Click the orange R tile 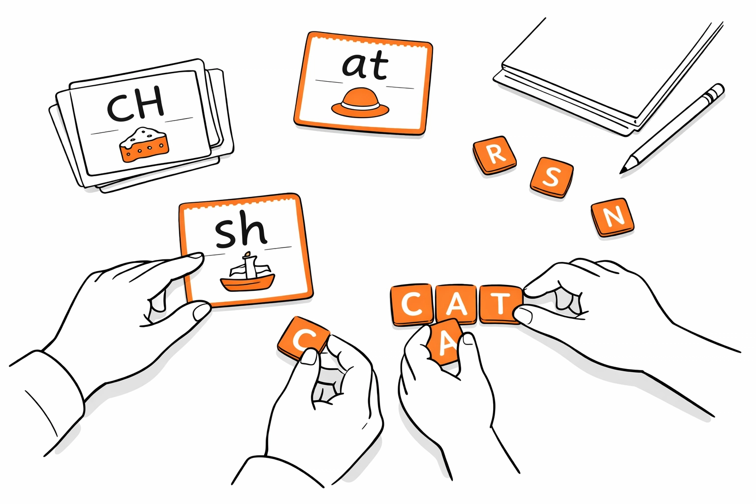coord(495,155)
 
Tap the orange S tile coord(552,177)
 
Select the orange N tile coord(613,217)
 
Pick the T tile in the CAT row coord(501,304)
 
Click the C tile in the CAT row coord(412,305)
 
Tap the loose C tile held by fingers coord(303,338)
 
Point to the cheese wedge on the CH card coord(144,145)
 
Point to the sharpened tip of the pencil coord(622,172)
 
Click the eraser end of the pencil coord(717,90)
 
